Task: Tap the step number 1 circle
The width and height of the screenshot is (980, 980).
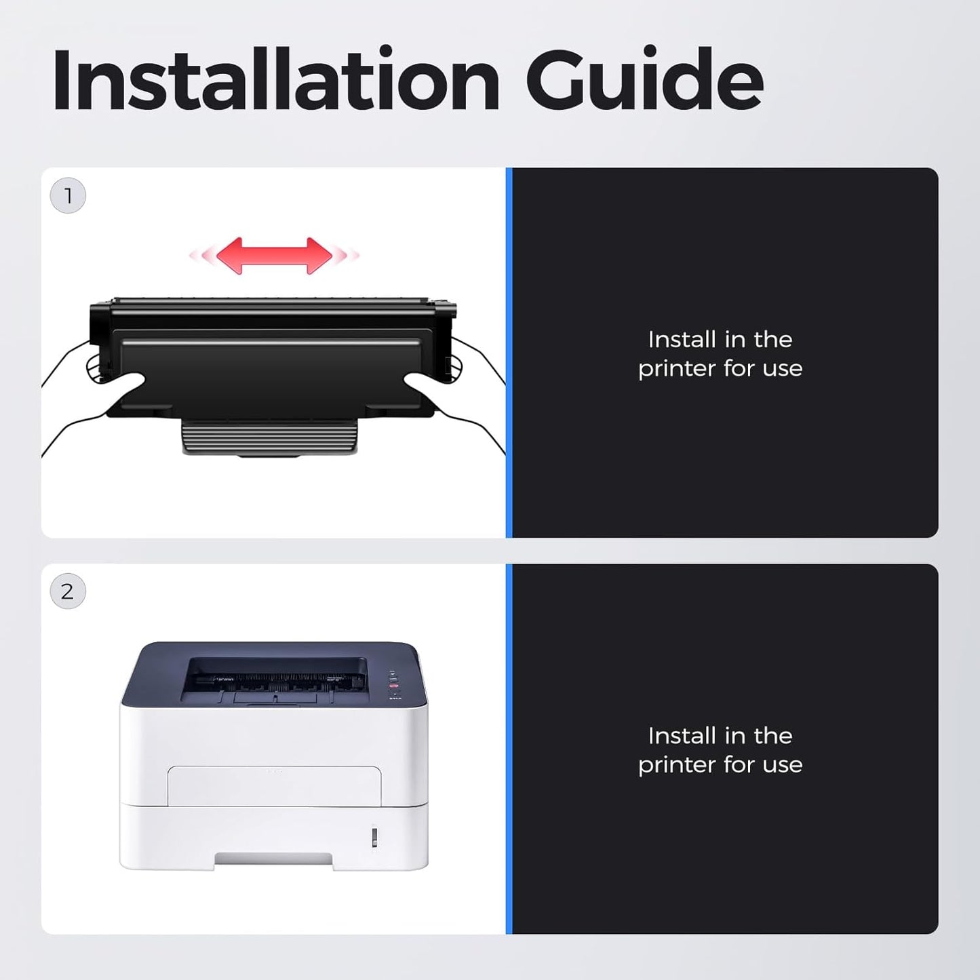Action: pyautogui.click(x=68, y=195)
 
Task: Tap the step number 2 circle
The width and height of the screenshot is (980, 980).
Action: pyautogui.click(x=68, y=591)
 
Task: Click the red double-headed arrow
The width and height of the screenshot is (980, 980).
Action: pyautogui.click(x=275, y=255)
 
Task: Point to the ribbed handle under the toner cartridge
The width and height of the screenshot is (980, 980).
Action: pyautogui.click(x=270, y=436)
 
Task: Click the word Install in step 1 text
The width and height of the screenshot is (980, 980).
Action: pyautogui.click(x=678, y=340)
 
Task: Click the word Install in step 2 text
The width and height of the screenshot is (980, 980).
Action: pyautogui.click(x=678, y=736)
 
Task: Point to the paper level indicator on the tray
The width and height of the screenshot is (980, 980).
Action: pyautogui.click(x=374, y=836)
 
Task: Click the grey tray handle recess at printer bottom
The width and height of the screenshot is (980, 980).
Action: pyautogui.click(x=273, y=859)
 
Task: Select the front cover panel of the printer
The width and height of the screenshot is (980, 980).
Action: pyautogui.click(x=275, y=785)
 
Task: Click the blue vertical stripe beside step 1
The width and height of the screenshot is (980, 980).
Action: pyautogui.click(x=509, y=353)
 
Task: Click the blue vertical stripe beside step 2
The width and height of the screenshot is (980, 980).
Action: pyautogui.click(x=509, y=749)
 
